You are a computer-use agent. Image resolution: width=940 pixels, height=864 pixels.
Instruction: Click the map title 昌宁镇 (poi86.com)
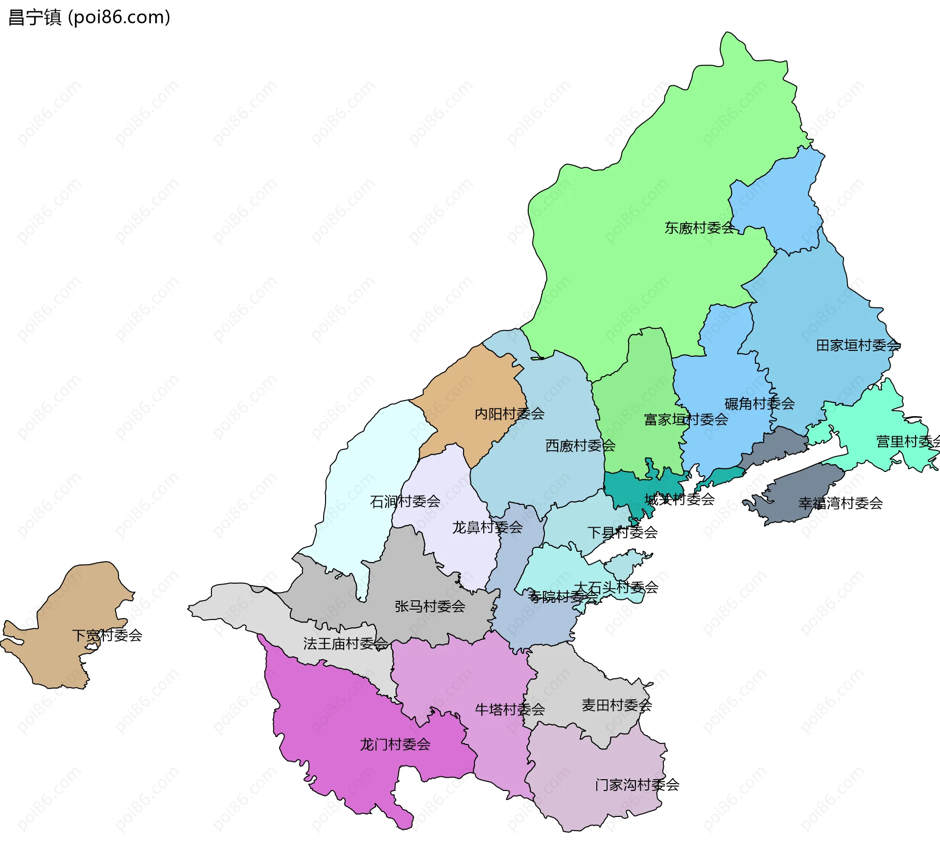point(90,17)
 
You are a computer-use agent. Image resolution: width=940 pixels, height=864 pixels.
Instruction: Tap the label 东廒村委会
point(699,228)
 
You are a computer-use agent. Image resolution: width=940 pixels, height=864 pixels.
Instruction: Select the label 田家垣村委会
point(858,346)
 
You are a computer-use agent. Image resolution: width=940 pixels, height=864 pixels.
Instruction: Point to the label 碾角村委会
point(759,404)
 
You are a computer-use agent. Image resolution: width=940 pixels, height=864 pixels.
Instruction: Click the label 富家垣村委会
point(686,420)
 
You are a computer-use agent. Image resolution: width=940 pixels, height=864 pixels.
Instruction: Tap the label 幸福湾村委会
point(840,503)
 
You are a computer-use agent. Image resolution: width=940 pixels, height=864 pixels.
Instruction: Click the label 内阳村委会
point(509,414)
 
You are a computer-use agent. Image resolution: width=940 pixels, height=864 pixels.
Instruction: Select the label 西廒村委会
point(580,445)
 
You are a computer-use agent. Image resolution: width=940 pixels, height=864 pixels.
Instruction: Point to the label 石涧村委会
point(405,501)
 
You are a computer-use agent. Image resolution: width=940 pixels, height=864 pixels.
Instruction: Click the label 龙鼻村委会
point(487,527)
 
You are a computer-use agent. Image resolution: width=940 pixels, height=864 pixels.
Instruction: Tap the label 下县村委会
point(622,532)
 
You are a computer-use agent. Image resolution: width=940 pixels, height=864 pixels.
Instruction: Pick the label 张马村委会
point(430,606)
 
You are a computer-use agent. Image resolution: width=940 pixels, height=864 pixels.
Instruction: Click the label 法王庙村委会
point(345,643)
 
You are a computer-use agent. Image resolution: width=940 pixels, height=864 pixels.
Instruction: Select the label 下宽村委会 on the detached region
point(107,636)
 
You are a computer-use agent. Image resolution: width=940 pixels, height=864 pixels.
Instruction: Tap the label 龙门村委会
point(395,744)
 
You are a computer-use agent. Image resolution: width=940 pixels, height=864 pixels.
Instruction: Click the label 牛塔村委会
point(510,709)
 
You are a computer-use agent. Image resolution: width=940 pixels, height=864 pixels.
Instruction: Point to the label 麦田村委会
point(616,705)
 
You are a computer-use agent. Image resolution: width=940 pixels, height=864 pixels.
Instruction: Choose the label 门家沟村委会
point(637,785)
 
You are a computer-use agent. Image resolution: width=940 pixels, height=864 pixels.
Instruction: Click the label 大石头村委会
point(616,587)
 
